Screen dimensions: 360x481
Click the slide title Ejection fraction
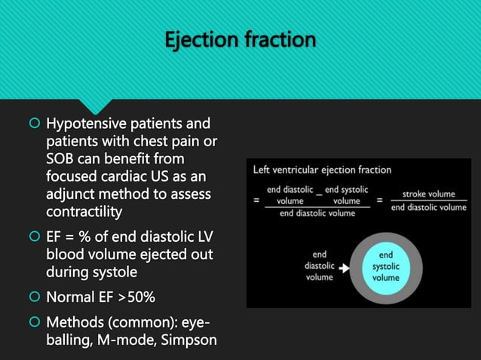240,40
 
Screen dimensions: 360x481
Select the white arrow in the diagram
345,267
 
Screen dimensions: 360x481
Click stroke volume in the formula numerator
429,194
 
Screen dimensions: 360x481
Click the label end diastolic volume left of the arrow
319,266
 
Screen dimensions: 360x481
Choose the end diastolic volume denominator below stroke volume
429,207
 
